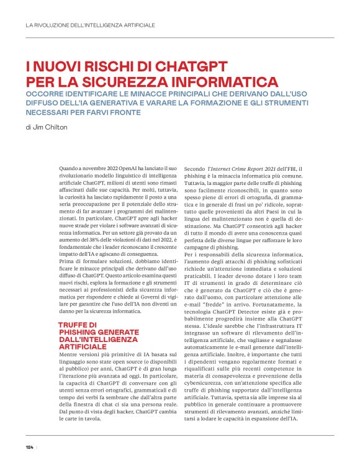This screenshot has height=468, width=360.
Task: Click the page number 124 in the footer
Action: [x=29, y=447]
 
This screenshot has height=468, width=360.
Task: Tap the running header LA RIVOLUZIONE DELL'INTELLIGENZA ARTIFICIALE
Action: [x=90, y=25]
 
